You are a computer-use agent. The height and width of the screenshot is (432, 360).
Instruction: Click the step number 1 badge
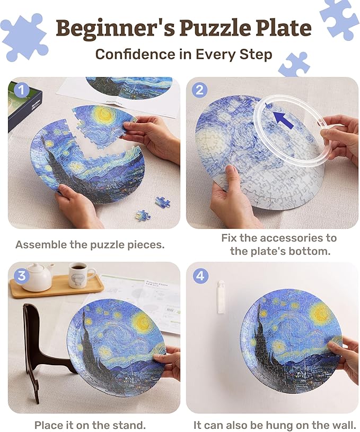(22, 90)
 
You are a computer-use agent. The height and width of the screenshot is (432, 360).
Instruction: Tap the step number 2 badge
(199, 90)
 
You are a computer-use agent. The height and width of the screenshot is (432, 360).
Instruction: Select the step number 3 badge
(22, 275)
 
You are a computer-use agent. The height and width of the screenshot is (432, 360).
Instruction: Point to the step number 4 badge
(199, 275)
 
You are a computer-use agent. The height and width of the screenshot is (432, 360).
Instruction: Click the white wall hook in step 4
(221, 297)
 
